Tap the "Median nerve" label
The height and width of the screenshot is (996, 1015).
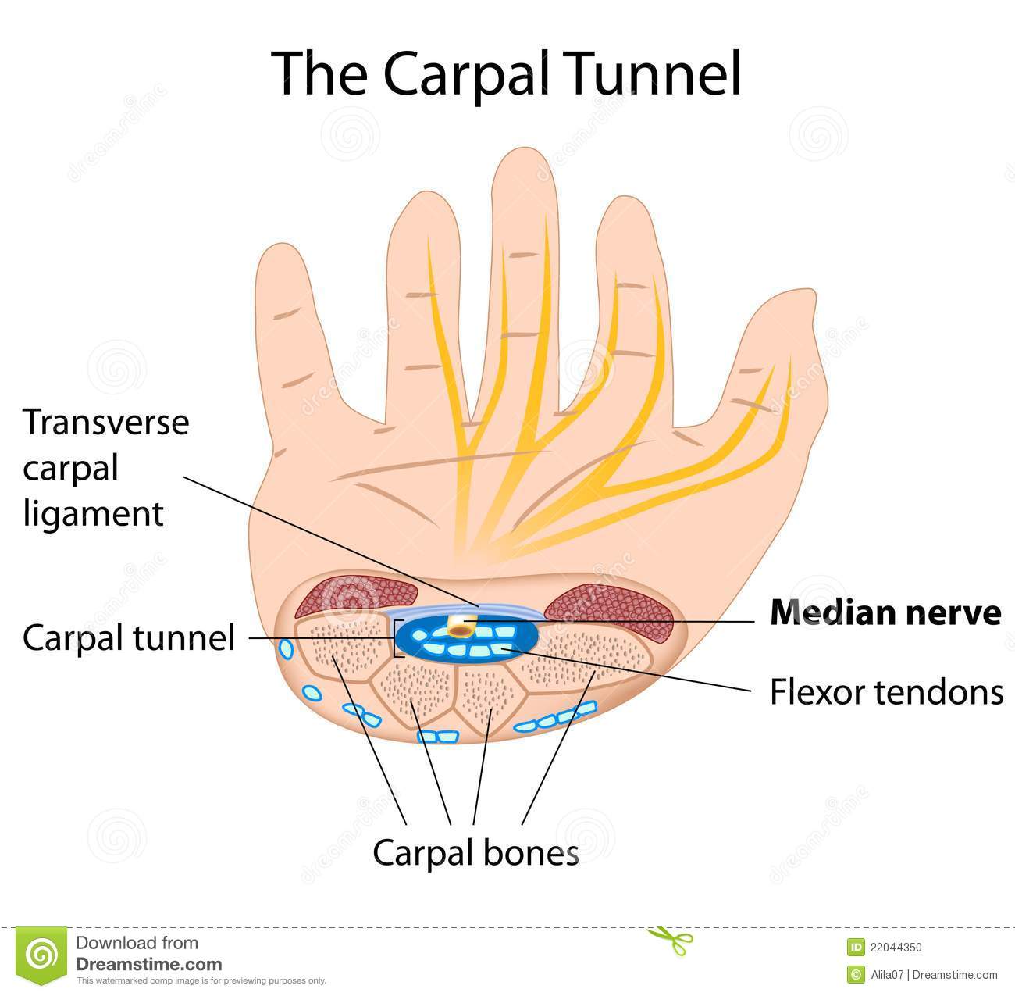(x=885, y=613)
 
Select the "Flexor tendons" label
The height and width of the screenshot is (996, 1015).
(x=886, y=691)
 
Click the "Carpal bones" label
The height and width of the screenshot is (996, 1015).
(x=475, y=853)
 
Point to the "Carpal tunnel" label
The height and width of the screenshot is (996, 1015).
(x=129, y=637)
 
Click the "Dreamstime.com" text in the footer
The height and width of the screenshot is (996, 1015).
(x=149, y=965)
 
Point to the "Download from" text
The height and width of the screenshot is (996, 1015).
(x=137, y=943)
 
